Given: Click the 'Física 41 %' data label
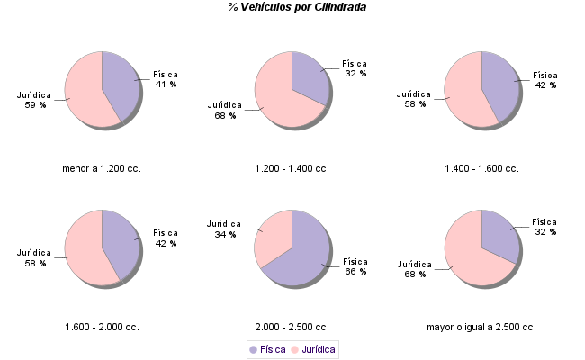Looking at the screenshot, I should coord(166,79).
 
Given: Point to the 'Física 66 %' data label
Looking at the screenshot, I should coord(355,266).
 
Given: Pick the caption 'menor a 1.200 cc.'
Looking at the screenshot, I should coord(102,168).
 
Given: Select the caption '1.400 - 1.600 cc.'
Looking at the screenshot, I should coord(481,168).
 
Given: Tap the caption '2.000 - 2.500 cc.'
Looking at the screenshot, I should coord(292,327).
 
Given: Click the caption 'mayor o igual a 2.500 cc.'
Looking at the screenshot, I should coord(481,327).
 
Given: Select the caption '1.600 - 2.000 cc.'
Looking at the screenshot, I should coord(102,327).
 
